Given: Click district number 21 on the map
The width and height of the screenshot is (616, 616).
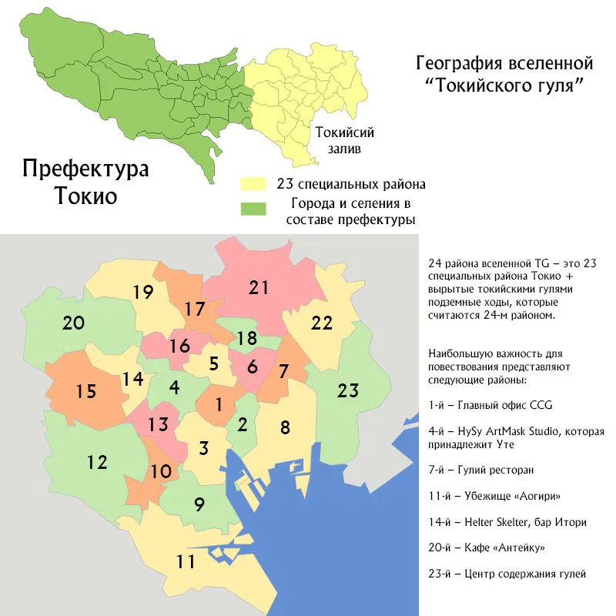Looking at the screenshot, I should pos(258,288).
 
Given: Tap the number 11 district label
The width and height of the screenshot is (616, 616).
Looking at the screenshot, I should pos(185,561).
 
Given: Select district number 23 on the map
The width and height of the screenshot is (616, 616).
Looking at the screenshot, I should pos(348,390).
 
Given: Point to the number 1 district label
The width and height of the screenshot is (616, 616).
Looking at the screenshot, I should pos(219,403).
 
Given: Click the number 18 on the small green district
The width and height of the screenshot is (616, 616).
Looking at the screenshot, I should pos(246,338).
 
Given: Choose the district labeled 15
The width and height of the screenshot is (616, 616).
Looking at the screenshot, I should pos(85,391).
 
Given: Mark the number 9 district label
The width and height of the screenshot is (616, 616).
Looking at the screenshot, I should pos(199,505).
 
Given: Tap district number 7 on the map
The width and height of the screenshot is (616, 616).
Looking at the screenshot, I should pos(283,371).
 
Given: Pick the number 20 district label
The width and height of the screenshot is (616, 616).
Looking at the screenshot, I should pos(73,323).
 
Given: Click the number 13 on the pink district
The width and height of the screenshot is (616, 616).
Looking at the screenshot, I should pos(158,424).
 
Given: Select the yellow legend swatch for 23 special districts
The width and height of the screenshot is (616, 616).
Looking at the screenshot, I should pos(251,186).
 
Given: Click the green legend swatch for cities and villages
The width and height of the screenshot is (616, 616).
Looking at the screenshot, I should pos(251,209).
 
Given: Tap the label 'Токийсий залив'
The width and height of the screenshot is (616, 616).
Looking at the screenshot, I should pos(338,140).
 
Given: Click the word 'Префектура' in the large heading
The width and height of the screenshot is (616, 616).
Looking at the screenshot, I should pos(85,169).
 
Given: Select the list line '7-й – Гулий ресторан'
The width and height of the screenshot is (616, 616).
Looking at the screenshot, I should pos(480,469).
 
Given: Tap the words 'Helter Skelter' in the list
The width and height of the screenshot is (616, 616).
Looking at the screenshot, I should pos(493,521).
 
